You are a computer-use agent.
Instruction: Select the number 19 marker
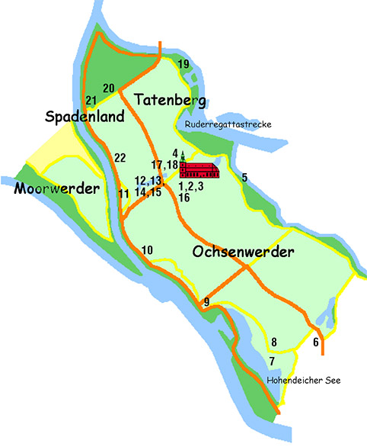(183, 64)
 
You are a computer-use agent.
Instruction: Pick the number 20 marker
(108, 88)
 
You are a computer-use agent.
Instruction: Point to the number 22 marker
(120, 158)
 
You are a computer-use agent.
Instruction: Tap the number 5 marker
(244, 178)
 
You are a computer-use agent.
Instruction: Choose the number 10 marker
(147, 250)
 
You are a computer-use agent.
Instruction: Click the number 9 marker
(206, 304)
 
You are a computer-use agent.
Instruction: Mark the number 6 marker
(316, 342)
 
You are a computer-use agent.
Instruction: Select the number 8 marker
(274, 342)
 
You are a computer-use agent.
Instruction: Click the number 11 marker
(123, 194)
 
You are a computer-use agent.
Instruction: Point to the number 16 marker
(183, 198)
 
